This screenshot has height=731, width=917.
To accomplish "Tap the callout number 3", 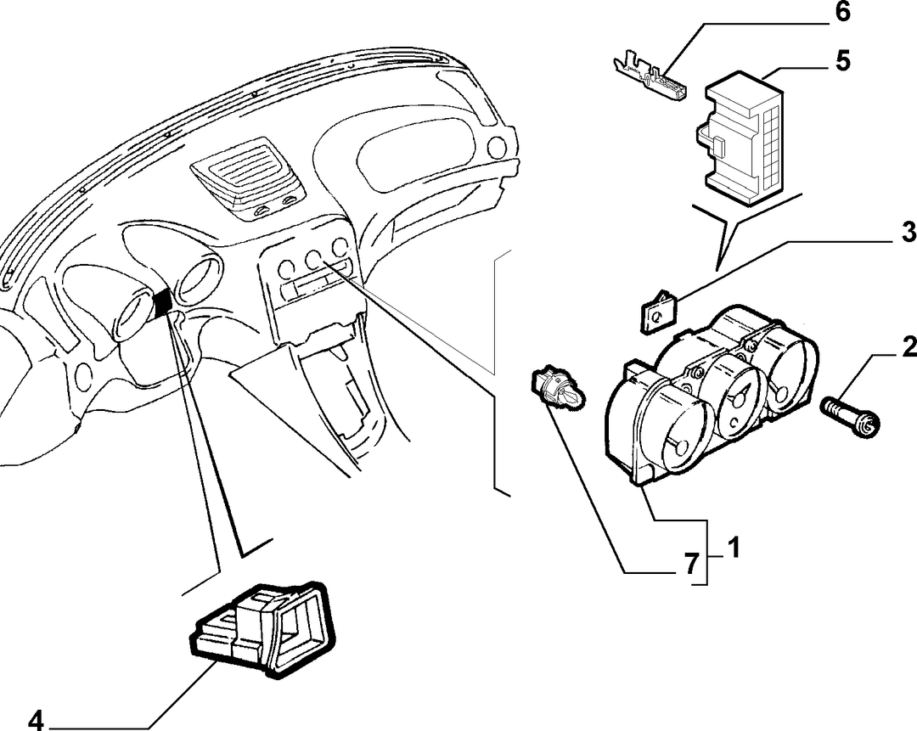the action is pyautogui.click(x=909, y=232).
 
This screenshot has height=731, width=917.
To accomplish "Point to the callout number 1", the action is pyautogui.click(x=733, y=548).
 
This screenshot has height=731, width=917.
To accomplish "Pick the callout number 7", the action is pyautogui.click(x=692, y=565).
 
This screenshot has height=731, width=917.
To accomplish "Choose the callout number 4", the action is pyautogui.click(x=36, y=721).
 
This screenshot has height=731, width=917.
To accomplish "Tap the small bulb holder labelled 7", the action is pyautogui.click(x=557, y=388).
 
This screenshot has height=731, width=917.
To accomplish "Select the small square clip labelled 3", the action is pyautogui.click(x=657, y=312).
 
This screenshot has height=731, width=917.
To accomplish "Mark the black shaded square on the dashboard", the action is pyautogui.click(x=162, y=301).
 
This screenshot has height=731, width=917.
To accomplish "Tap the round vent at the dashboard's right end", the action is pyautogui.click(x=497, y=145).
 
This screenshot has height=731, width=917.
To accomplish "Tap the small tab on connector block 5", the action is pyautogui.click(x=719, y=147).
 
